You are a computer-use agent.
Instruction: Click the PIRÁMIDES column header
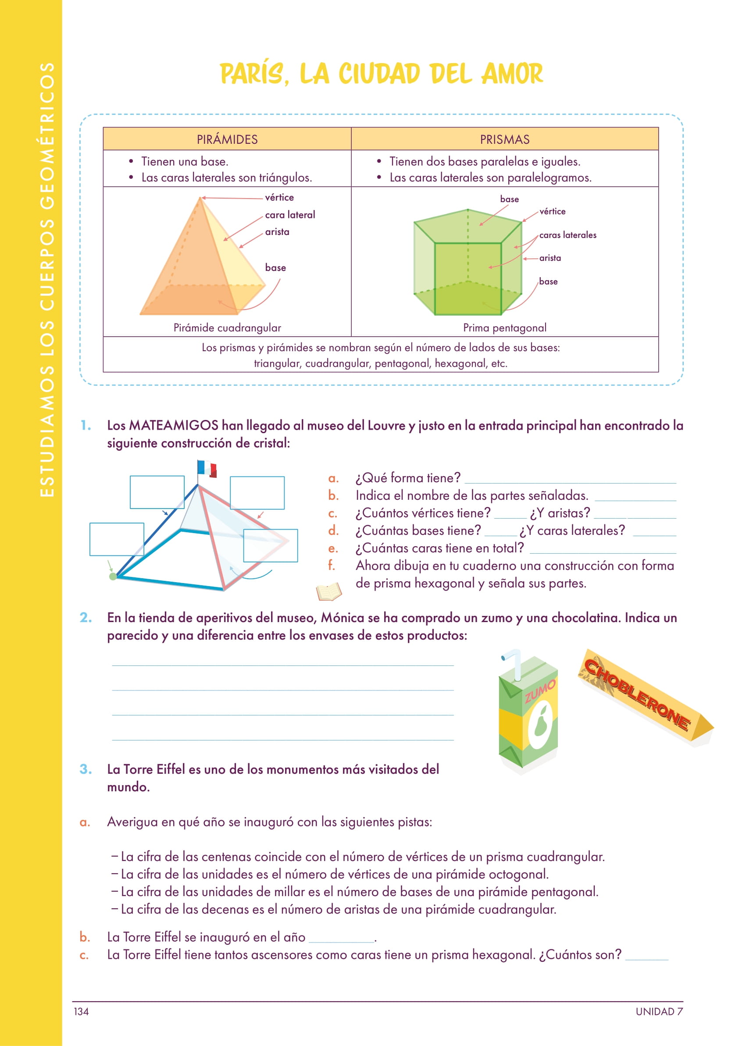pos(227,139)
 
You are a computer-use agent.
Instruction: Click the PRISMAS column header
pos(504,139)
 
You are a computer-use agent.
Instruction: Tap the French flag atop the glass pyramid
pos(207,468)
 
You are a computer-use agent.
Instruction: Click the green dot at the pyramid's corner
pos(113,576)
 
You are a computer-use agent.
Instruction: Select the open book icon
pos(329,591)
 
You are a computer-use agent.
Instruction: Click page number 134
pos(81,1011)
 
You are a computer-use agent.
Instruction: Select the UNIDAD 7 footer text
pos(659,1011)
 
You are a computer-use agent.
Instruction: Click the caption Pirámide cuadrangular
pos(227,327)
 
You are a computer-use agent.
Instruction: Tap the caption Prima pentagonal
pos(504,327)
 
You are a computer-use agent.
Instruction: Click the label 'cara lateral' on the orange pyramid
pos(290,214)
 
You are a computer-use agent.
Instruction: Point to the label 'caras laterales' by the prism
pos(568,235)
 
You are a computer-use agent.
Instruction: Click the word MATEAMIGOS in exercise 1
pos(173,425)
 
